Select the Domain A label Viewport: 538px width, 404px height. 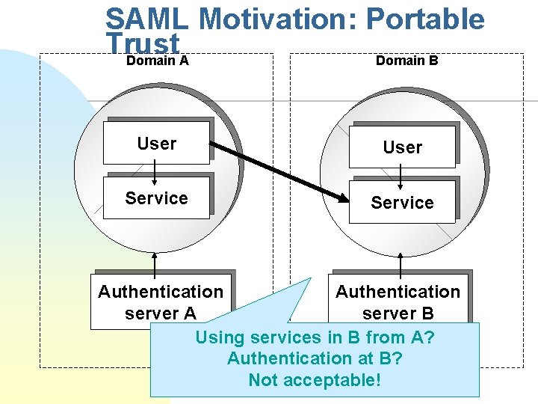pos(157,60)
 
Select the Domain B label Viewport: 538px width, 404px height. pos(406,60)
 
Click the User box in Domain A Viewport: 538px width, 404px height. pos(156,144)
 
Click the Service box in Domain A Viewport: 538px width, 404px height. pos(156,198)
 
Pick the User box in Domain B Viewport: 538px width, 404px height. pos(402,147)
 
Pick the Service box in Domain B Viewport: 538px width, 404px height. pos(402,203)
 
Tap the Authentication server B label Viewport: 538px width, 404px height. pos(398,302)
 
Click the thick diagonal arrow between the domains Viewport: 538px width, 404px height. pos(276,173)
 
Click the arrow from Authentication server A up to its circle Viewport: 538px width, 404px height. pos(155,263)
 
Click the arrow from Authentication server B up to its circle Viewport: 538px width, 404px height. pos(401,265)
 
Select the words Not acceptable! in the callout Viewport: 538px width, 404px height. pos(315,380)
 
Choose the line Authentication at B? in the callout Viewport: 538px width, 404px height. pos(315,358)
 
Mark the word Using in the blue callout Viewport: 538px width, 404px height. pos(221,337)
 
